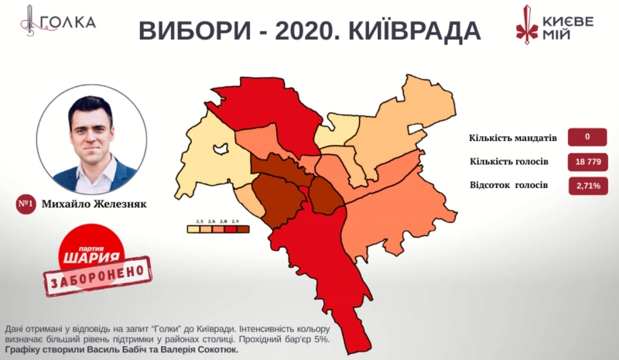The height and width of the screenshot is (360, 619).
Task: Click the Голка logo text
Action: [x=67, y=22]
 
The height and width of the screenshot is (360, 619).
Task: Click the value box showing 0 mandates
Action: [x=587, y=138]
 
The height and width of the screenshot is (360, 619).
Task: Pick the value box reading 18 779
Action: [x=587, y=162]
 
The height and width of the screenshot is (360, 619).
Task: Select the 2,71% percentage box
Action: [x=587, y=186]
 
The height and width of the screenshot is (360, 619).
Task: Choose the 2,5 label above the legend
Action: [x=199, y=221]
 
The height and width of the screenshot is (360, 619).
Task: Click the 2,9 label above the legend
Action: [x=234, y=221]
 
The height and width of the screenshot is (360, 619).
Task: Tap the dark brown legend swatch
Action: [x=234, y=229]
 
